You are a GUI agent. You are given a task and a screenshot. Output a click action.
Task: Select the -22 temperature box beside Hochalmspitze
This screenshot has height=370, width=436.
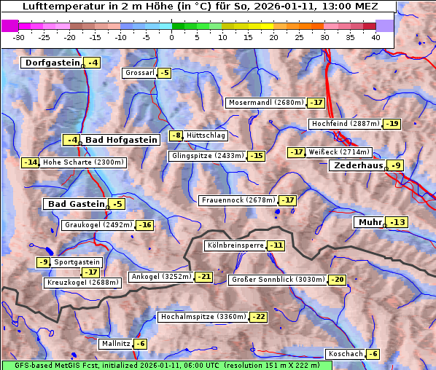point(259,317)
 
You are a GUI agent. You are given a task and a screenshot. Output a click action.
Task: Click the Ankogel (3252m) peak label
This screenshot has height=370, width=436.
point(160,277)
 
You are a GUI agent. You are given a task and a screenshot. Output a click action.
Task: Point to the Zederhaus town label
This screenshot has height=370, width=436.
point(357,165)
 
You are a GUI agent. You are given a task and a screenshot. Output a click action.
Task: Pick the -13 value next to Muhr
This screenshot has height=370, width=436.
point(398,222)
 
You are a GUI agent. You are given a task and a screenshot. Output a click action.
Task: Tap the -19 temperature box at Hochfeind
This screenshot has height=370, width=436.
point(392,124)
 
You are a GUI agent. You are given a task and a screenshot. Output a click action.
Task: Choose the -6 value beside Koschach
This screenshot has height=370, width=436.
point(373,354)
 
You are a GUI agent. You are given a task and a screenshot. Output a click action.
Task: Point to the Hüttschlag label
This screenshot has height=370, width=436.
point(206,135)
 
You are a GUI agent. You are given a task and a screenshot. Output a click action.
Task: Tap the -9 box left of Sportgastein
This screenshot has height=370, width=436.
point(44,262)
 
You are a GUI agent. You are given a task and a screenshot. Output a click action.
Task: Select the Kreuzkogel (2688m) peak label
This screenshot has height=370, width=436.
point(82,283)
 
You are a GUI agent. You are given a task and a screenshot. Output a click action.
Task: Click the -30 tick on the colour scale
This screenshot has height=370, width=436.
point(19,37)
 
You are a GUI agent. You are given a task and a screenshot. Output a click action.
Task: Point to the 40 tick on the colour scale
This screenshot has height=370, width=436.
point(375,37)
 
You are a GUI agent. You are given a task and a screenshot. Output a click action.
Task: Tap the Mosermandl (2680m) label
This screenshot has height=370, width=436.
point(265,103)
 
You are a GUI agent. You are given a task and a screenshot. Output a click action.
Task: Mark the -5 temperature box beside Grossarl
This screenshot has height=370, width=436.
point(165,73)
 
